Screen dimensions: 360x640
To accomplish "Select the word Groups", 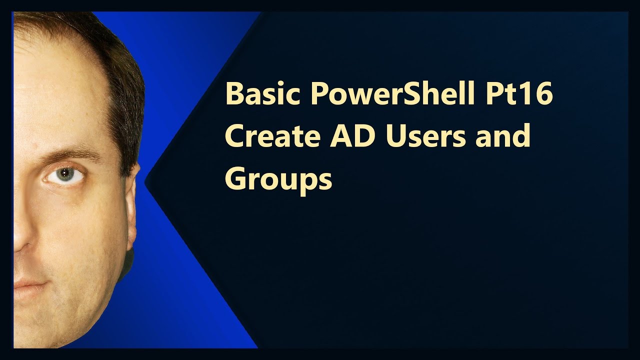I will tap(278, 178).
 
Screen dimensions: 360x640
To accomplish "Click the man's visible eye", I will tap(63, 174).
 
